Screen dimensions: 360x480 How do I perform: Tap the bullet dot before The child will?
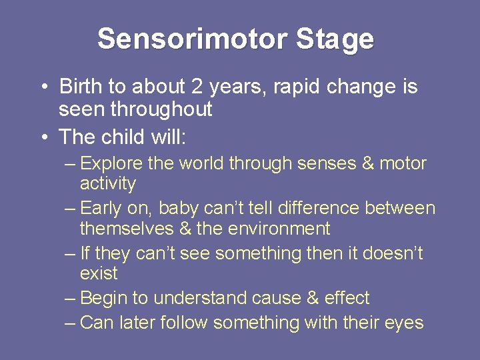click(43, 137)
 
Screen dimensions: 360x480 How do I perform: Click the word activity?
click(107, 183)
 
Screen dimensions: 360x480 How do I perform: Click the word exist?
click(98, 273)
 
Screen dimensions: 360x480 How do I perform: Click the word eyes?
click(404, 323)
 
